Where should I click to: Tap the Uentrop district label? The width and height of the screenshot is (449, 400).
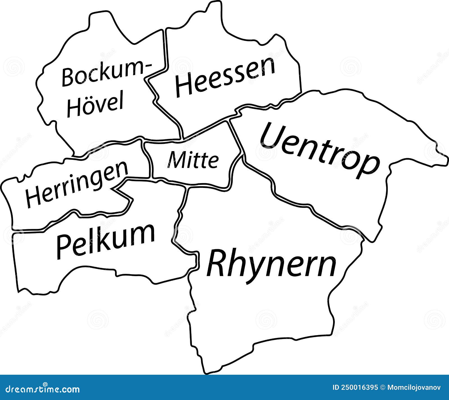(320, 150)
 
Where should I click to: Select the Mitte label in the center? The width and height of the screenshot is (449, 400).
(193, 160)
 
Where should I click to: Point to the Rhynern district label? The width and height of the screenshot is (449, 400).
(271, 264)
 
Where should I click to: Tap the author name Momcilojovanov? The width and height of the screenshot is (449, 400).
(414, 388)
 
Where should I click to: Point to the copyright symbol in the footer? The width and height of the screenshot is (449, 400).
(382, 388)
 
